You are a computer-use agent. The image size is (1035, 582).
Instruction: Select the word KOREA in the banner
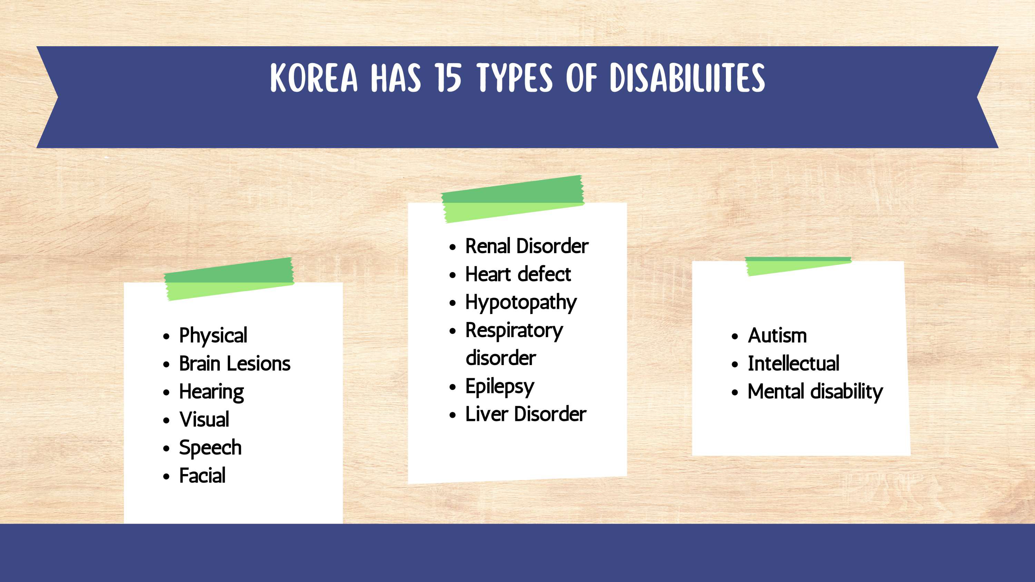click(x=314, y=78)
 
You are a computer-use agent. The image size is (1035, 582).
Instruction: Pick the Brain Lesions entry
click(x=235, y=364)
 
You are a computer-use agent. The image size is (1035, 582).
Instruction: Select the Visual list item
click(x=204, y=419)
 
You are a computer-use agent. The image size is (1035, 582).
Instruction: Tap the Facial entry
click(x=202, y=476)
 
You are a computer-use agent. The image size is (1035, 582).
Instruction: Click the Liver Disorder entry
click(x=526, y=414)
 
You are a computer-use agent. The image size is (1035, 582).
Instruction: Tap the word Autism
click(x=777, y=335)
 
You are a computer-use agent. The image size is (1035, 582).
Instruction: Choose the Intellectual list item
click(x=793, y=364)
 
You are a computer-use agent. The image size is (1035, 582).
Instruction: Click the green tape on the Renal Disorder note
click(x=512, y=199)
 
